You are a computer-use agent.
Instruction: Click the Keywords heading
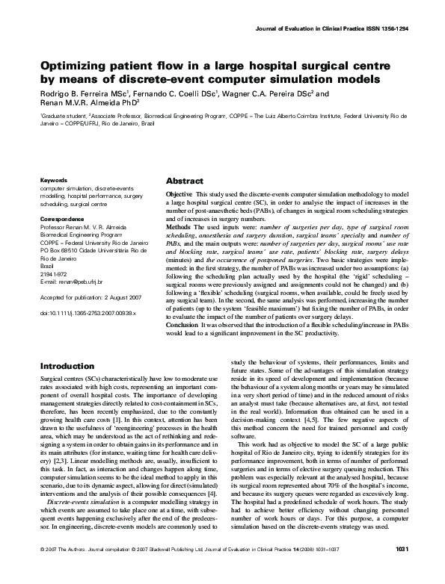[53, 180]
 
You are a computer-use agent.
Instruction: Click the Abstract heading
[184, 181]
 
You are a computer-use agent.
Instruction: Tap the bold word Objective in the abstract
[179, 193]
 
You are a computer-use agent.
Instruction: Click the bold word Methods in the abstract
[179, 226]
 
